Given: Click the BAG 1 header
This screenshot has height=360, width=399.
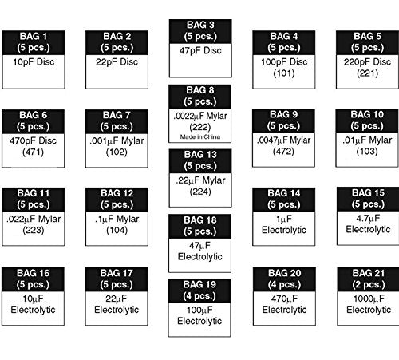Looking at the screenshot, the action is coord(34,42).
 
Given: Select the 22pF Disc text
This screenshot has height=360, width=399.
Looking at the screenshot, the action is coord(117,62).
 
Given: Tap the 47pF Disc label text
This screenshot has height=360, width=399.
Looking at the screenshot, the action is coord(200,50).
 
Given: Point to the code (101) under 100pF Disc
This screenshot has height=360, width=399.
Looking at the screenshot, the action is coord(284,73).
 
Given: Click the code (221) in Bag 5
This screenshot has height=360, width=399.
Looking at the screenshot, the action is coord(368,73).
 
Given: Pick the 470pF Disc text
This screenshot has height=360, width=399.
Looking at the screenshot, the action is coord(33,140).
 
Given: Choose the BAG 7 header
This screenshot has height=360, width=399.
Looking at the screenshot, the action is coord(117,121).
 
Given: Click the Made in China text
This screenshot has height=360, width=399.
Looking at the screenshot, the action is coord(200,136).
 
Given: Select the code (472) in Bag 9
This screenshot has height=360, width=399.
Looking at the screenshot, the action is coord(283,152).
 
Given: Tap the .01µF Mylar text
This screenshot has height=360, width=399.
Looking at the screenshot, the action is coord(367,140).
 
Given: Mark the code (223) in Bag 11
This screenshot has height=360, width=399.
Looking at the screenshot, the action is coord(34,230).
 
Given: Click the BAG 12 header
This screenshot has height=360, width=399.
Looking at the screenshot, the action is coord(117,200).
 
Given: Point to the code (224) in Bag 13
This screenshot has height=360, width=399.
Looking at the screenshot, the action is coord(200,192).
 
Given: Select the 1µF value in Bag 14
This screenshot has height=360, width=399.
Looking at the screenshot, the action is coord(284,219).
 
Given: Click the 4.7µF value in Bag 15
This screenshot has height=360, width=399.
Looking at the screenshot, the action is coord(368,218).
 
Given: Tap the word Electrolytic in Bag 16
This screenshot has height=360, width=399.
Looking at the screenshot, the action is coord(33,310).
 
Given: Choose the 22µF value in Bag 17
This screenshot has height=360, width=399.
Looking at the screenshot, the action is coord(117,299).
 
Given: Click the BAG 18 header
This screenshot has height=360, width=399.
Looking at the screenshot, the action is coord(200,226).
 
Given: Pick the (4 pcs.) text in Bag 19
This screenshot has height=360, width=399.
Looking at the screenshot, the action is coord(199,296).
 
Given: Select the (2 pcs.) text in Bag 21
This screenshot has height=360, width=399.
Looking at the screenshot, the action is coord(369,284).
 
